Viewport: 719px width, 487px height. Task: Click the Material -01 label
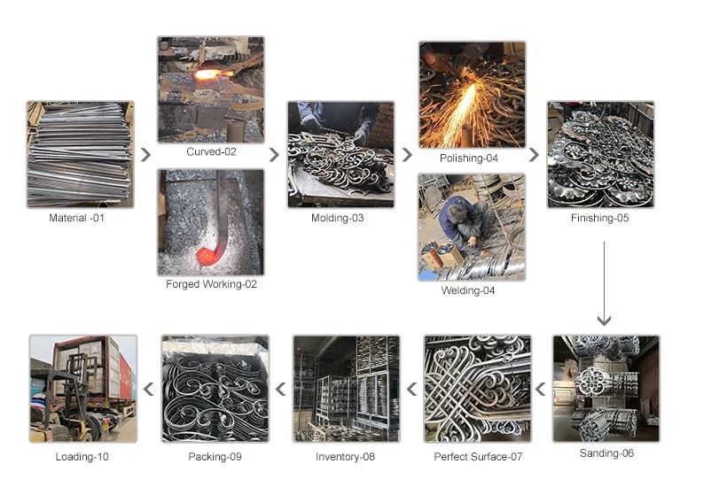pos(76,218)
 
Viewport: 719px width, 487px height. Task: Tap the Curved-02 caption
pos(211,151)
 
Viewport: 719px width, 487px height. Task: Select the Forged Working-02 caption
pos(211,284)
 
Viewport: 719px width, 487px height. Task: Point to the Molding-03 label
pos(337,218)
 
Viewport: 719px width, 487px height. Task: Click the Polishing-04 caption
pos(469,158)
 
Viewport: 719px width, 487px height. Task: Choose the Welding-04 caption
pos(468,290)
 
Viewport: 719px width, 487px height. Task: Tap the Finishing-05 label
pos(599,218)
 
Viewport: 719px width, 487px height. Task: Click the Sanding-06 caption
pos(606,453)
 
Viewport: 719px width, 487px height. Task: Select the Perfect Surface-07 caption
pos(478,457)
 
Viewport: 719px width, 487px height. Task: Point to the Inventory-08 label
pos(345,457)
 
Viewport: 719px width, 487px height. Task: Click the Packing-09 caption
pos(215,457)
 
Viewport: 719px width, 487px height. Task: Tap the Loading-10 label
pos(82,457)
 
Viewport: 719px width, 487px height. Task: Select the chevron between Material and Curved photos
pos(145,155)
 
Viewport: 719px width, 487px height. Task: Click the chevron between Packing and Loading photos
pos(149,390)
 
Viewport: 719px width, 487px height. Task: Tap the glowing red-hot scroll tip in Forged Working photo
pos(207,257)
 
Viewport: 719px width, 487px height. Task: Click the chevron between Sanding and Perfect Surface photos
pos(541,390)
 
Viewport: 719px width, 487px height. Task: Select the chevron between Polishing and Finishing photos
pos(534,155)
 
